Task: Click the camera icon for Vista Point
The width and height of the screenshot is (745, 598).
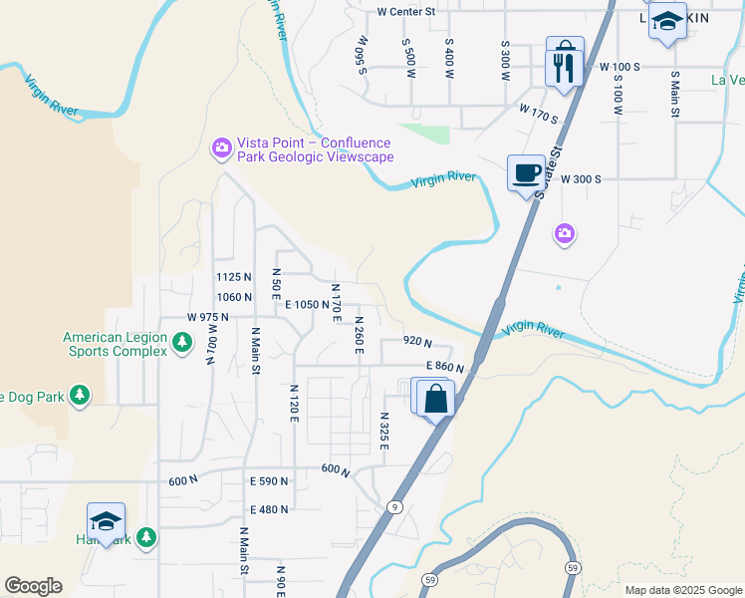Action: pyautogui.click(x=221, y=149)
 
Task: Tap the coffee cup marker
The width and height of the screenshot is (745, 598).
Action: pyautogui.click(x=526, y=173)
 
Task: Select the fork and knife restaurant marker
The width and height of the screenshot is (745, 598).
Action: pyautogui.click(x=565, y=68)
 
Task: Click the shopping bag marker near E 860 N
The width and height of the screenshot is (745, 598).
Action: pyautogui.click(x=435, y=400)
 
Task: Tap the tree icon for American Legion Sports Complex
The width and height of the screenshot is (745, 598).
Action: pyautogui.click(x=181, y=343)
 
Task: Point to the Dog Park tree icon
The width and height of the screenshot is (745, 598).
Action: pyautogui.click(x=80, y=397)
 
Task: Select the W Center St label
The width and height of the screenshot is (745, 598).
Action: pyautogui.click(x=406, y=12)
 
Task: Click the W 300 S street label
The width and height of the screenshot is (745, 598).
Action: pyautogui.click(x=581, y=179)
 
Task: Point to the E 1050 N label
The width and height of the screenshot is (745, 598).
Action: pyautogui.click(x=306, y=304)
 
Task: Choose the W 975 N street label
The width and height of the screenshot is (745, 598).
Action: pyautogui.click(x=207, y=317)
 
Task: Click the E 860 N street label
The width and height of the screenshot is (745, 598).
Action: pyautogui.click(x=445, y=367)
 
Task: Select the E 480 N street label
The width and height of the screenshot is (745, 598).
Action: pyautogui.click(x=269, y=509)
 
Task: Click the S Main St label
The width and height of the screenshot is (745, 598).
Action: pyautogui.click(x=674, y=95)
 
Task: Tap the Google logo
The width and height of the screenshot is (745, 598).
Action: pyautogui.click(x=33, y=586)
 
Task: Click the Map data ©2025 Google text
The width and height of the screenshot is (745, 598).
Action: pyautogui.click(x=683, y=590)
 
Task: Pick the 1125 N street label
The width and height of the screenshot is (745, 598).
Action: pyautogui.click(x=233, y=276)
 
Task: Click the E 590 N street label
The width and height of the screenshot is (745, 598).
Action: pyautogui.click(x=269, y=481)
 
